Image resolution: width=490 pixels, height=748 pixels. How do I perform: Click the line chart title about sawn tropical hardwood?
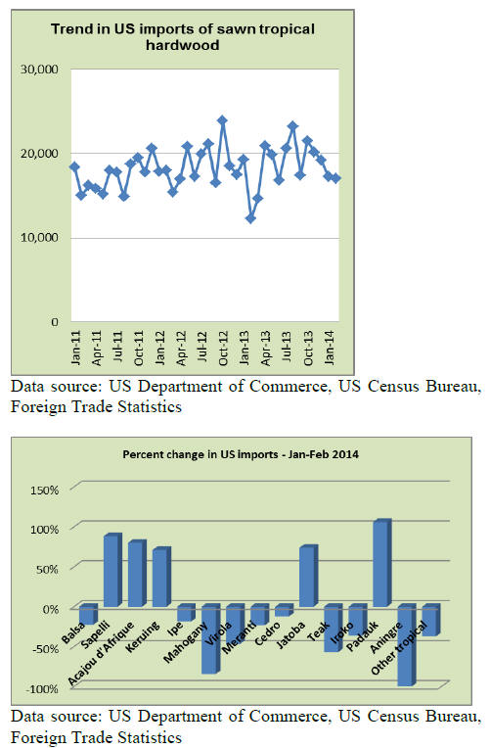click(x=183, y=37)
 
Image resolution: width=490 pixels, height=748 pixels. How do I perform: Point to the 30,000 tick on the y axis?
click(x=39, y=70)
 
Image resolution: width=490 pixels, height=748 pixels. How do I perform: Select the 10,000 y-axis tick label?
click(x=39, y=238)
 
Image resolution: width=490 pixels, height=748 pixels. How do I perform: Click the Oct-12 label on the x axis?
click(x=223, y=349)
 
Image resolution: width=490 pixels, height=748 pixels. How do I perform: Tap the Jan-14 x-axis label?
click(x=330, y=349)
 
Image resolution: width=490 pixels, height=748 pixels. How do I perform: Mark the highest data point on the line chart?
click(x=222, y=119)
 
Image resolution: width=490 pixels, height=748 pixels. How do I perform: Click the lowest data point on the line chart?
click(x=250, y=218)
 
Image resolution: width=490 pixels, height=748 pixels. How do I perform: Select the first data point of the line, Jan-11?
click(x=74, y=166)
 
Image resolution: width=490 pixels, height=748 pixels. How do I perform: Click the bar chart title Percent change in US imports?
click(x=241, y=454)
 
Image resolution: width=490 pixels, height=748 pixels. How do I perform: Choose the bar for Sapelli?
click(x=113, y=570)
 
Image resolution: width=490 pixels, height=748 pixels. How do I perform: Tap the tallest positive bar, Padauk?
click(x=382, y=563)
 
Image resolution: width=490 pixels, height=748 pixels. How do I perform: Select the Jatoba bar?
click(x=308, y=576)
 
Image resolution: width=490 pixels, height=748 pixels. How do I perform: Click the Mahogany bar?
click(x=210, y=638)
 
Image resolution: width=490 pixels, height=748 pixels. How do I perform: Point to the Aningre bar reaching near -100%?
click(x=407, y=645)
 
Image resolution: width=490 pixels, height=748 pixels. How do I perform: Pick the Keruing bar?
click(x=161, y=577)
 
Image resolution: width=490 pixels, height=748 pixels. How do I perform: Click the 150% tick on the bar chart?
click(x=44, y=490)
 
